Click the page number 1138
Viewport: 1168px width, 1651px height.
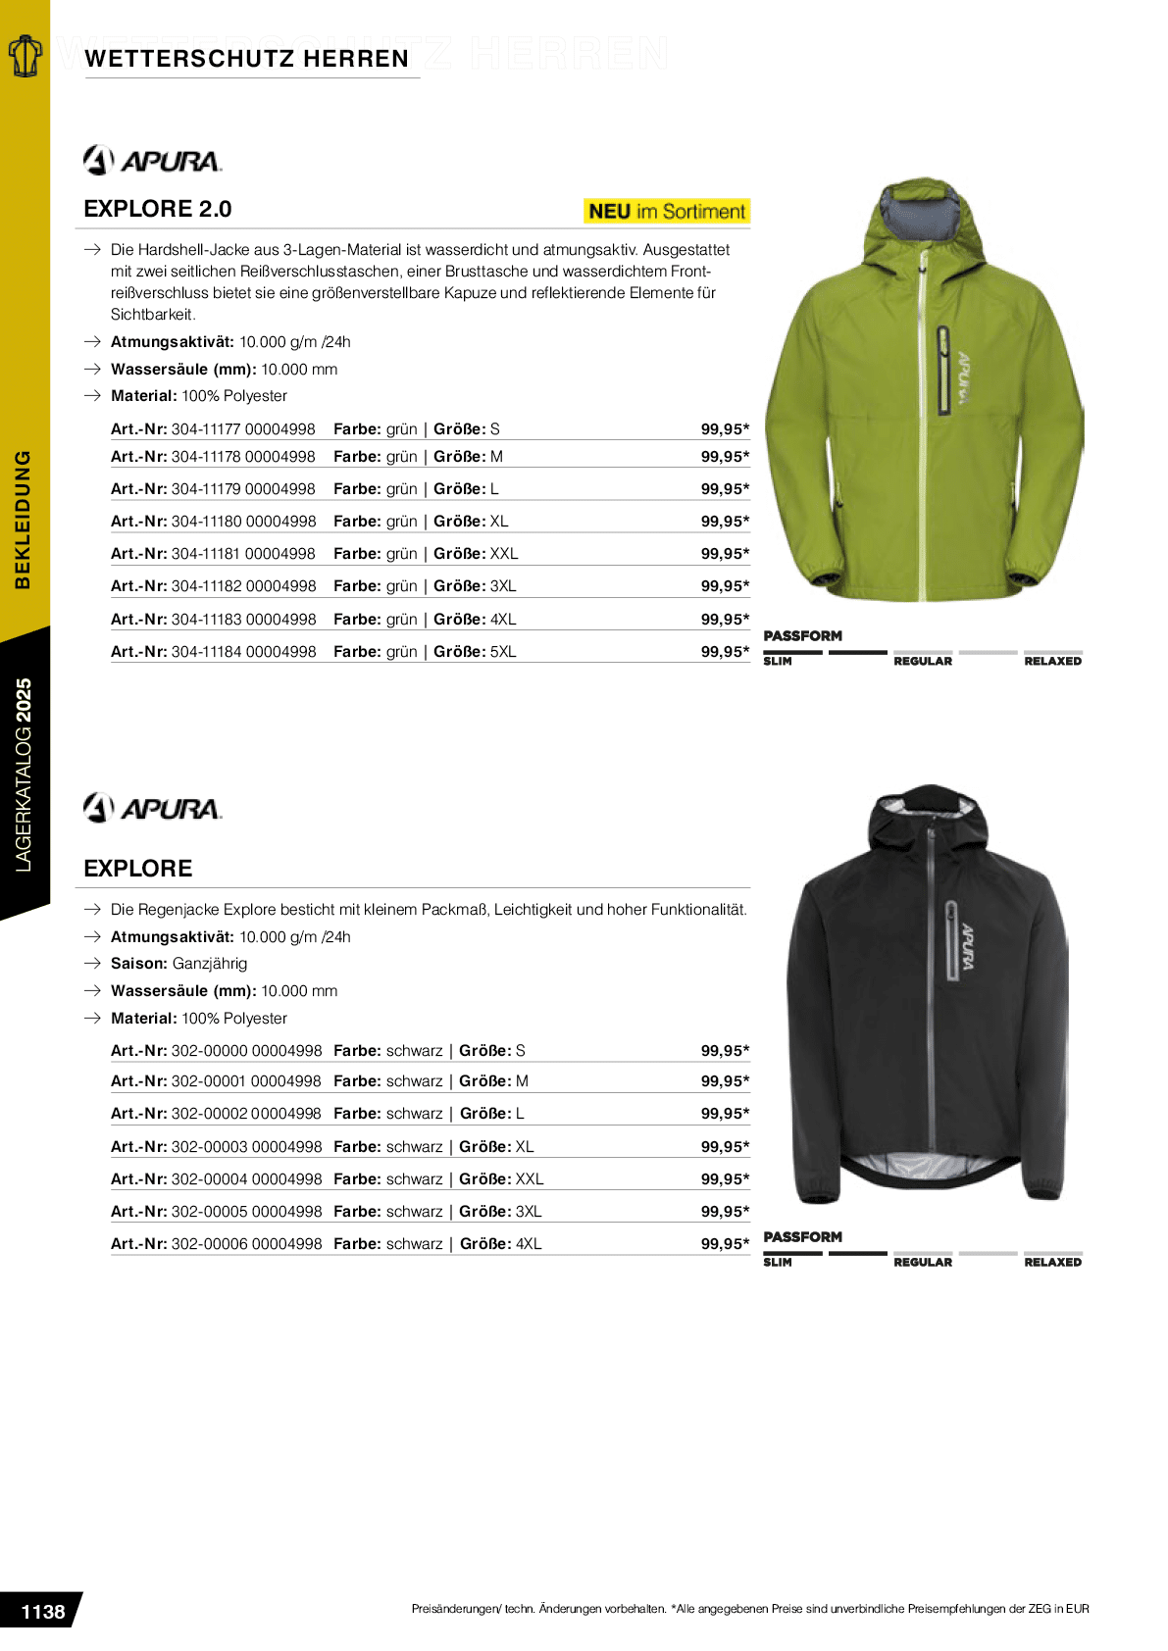[43, 1612]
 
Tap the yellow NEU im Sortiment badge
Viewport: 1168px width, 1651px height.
[667, 211]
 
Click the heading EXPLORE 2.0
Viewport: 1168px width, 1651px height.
[158, 209]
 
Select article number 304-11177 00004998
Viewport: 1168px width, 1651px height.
[243, 429]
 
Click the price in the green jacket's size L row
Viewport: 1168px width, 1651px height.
[725, 489]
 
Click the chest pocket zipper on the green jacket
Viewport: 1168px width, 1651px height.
[943, 371]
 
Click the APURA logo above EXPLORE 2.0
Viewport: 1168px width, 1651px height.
[153, 160]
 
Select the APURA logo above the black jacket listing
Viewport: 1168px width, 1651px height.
[153, 808]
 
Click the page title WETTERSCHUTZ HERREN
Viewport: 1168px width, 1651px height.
[246, 59]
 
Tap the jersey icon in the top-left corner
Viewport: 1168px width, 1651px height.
[25, 56]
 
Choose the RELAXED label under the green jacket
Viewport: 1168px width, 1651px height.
[1052, 662]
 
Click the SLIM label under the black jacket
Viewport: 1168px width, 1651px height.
[778, 1263]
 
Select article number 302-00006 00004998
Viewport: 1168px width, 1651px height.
[246, 1244]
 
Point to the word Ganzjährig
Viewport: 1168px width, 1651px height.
[210, 964]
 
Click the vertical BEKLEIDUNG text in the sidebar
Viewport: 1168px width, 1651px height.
[23, 520]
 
